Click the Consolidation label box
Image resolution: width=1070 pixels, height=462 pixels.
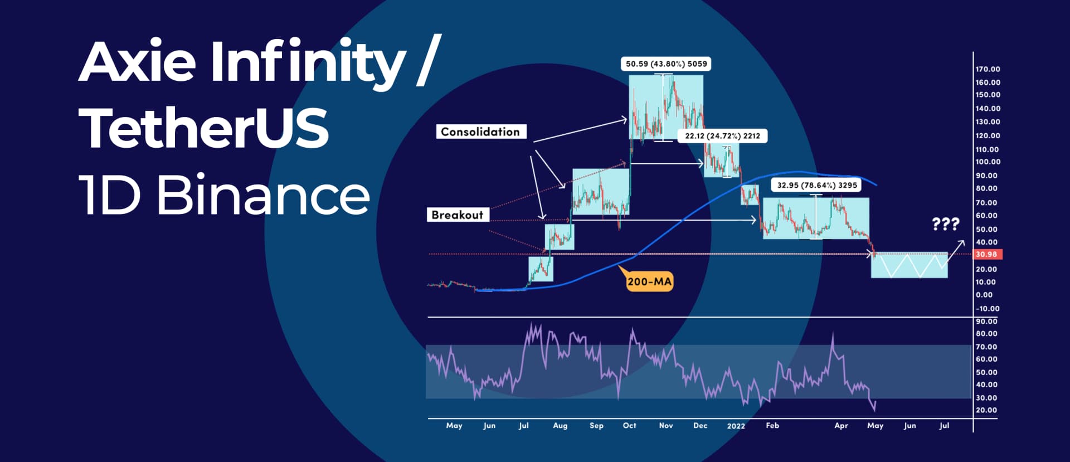[x=480, y=132]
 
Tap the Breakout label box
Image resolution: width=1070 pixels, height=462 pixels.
[x=458, y=215]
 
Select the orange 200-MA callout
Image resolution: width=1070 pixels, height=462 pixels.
[x=649, y=281]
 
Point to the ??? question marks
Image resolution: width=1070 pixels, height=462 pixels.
[x=946, y=224]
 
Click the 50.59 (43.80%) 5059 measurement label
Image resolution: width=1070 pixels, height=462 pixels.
[x=666, y=64]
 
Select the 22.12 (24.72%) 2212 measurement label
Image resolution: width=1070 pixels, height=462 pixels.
[x=722, y=135]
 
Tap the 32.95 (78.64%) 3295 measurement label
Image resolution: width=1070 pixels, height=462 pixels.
[x=817, y=185]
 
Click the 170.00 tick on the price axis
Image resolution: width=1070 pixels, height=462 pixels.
[x=988, y=69]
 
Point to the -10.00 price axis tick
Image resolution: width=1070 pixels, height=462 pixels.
[x=987, y=308]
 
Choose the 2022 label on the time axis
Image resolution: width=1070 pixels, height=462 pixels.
[x=736, y=426]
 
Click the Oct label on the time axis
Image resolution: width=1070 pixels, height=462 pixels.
[x=629, y=425]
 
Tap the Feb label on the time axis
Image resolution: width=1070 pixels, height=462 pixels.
[x=772, y=425]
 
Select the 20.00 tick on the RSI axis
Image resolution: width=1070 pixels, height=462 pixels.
[x=986, y=410]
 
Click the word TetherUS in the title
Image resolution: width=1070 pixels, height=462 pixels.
[x=205, y=128]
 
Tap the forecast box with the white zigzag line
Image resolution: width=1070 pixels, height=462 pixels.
[x=909, y=265]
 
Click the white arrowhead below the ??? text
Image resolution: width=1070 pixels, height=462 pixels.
[x=962, y=242]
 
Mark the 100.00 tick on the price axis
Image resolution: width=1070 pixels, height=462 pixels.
[x=988, y=162]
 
